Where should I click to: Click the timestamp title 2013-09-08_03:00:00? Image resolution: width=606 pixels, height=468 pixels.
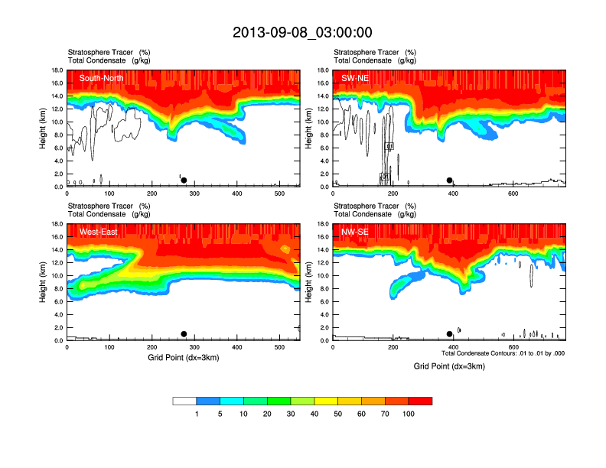(x=303, y=32)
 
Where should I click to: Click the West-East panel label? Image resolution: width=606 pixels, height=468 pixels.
(x=97, y=232)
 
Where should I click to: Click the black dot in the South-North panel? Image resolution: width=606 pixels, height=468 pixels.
(x=184, y=180)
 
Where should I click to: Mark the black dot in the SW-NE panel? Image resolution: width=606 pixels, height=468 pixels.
(x=450, y=180)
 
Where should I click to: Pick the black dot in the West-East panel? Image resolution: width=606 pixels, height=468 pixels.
(x=184, y=334)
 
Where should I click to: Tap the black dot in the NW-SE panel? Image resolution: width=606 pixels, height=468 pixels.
(x=449, y=334)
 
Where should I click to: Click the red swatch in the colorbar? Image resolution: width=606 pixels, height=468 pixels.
(x=420, y=401)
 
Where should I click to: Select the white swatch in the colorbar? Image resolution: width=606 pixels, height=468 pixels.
(x=184, y=401)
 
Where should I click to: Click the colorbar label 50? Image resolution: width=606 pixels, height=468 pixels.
(x=338, y=414)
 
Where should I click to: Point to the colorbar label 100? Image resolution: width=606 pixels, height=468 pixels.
(x=409, y=414)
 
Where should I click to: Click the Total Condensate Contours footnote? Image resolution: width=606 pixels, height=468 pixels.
(x=503, y=353)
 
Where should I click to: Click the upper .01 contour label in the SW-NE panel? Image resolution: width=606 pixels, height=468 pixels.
(x=389, y=146)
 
